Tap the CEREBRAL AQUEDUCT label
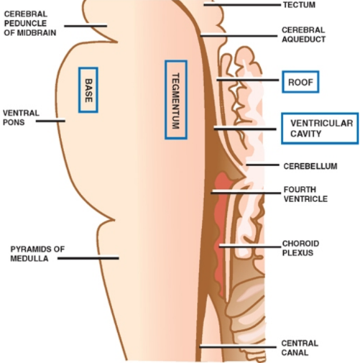[x=304, y=35]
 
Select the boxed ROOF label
[x=300, y=82]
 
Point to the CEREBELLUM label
[x=310, y=166]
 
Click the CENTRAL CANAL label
[x=300, y=348]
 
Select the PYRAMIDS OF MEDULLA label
[x=37, y=254]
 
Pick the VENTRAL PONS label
[x=21, y=117]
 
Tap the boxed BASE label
[x=88, y=90]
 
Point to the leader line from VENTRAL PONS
[x=50, y=121]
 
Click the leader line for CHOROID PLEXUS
[x=248, y=246]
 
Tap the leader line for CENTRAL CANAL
[x=237, y=346]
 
